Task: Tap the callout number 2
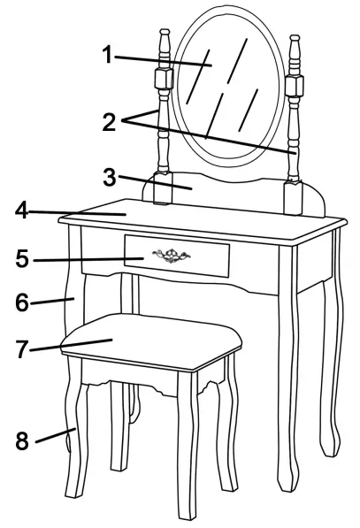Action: point(109,123)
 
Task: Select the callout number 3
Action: point(109,177)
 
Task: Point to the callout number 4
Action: point(22,211)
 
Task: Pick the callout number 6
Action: point(22,302)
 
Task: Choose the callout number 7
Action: point(23,348)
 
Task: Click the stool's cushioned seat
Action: point(150,341)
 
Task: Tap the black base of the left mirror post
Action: point(161,189)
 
